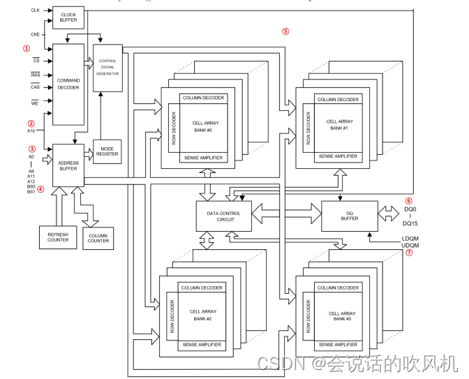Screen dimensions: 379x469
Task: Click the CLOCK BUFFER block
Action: click(68, 17)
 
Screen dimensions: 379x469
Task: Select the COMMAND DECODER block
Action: click(68, 84)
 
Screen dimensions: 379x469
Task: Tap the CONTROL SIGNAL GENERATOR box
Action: click(107, 67)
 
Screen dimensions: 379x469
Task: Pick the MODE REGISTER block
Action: click(107, 151)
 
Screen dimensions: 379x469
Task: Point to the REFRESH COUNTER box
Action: click(58, 237)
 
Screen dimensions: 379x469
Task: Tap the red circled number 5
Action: click(285, 31)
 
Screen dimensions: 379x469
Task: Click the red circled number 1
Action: click(27, 48)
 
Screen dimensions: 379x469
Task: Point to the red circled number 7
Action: click(409, 253)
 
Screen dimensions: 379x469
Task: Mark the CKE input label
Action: click(36, 34)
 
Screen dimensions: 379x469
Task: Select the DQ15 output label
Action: click(411, 223)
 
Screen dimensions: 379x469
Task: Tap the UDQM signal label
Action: click(410, 245)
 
